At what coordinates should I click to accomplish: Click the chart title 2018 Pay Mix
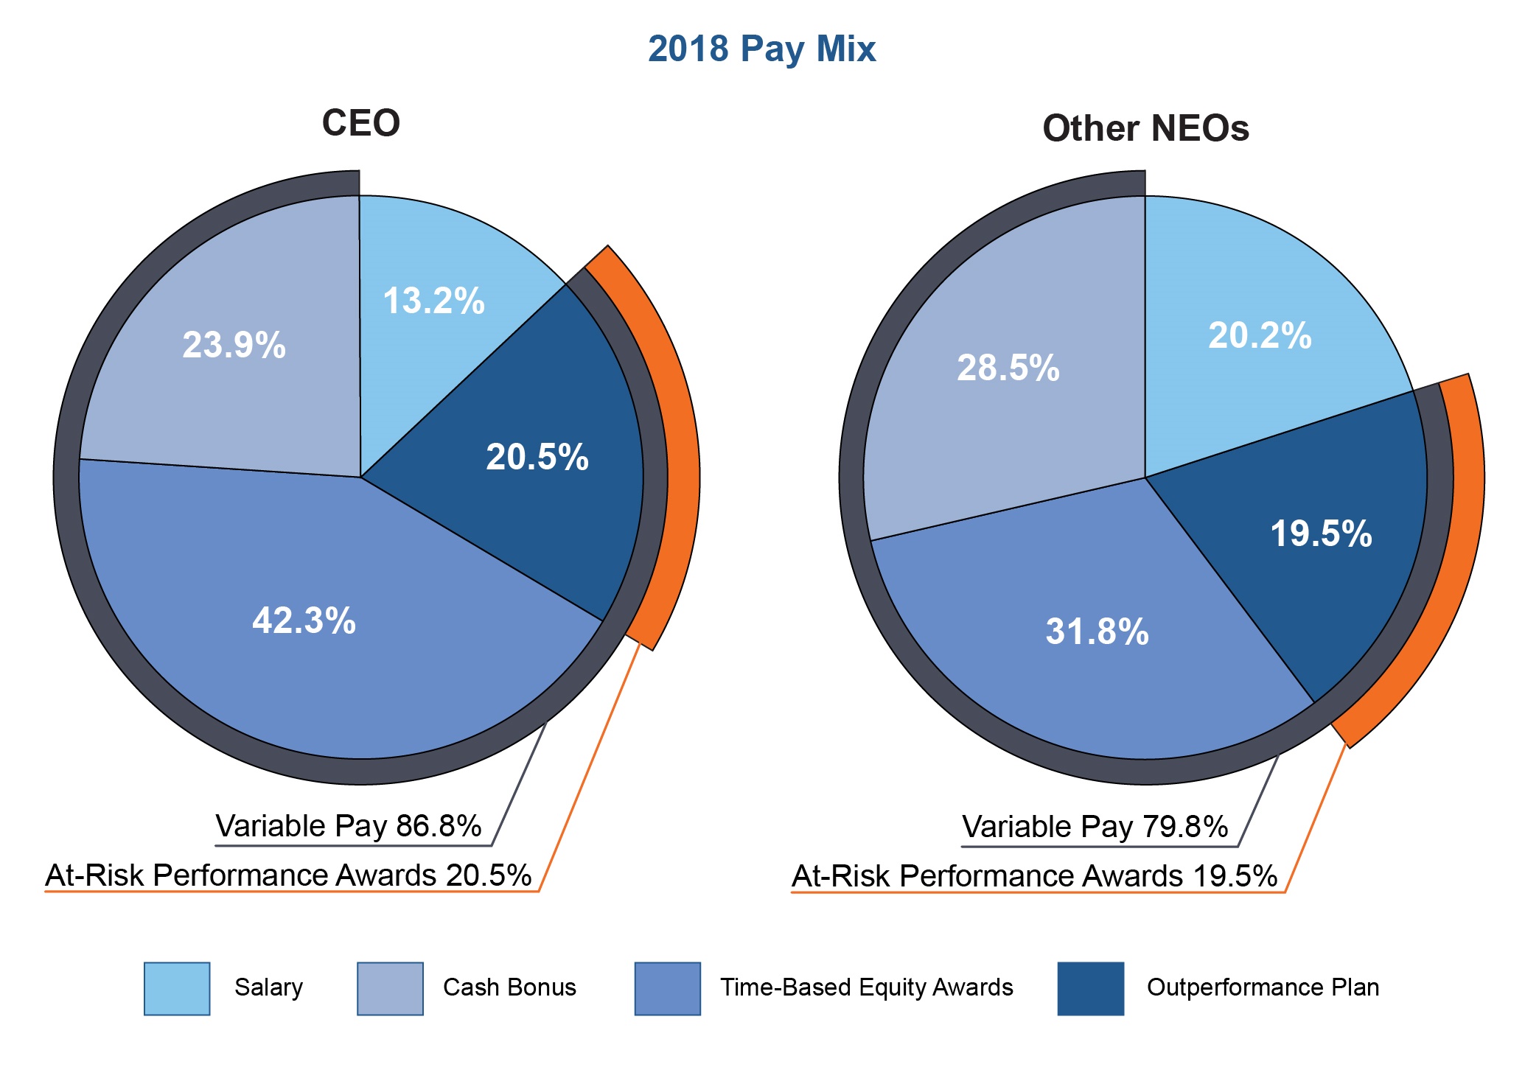[761, 49]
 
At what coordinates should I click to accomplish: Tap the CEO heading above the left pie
[360, 123]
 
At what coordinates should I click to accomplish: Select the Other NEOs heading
[1145, 129]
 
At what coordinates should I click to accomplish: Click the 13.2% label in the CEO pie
[433, 301]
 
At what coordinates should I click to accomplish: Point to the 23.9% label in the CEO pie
[234, 346]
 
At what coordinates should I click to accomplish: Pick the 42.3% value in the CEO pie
[304, 621]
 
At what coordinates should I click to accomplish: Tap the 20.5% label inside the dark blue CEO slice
[537, 458]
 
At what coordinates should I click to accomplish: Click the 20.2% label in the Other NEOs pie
[1260, 336]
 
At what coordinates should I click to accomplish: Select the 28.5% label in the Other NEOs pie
[1008, 368]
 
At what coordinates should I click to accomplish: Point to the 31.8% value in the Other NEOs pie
[1097, 632]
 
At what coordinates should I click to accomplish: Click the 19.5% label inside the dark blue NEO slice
[1320, 534]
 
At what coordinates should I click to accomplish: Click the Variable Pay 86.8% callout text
[348, 827]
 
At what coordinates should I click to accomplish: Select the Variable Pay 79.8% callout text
[1095, 828]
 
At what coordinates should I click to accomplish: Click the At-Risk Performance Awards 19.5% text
[1034, 877]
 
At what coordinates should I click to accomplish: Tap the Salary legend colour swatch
[177, 989]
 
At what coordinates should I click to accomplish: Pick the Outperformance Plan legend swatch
[1090, 989]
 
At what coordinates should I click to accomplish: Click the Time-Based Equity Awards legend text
[866, 988]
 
